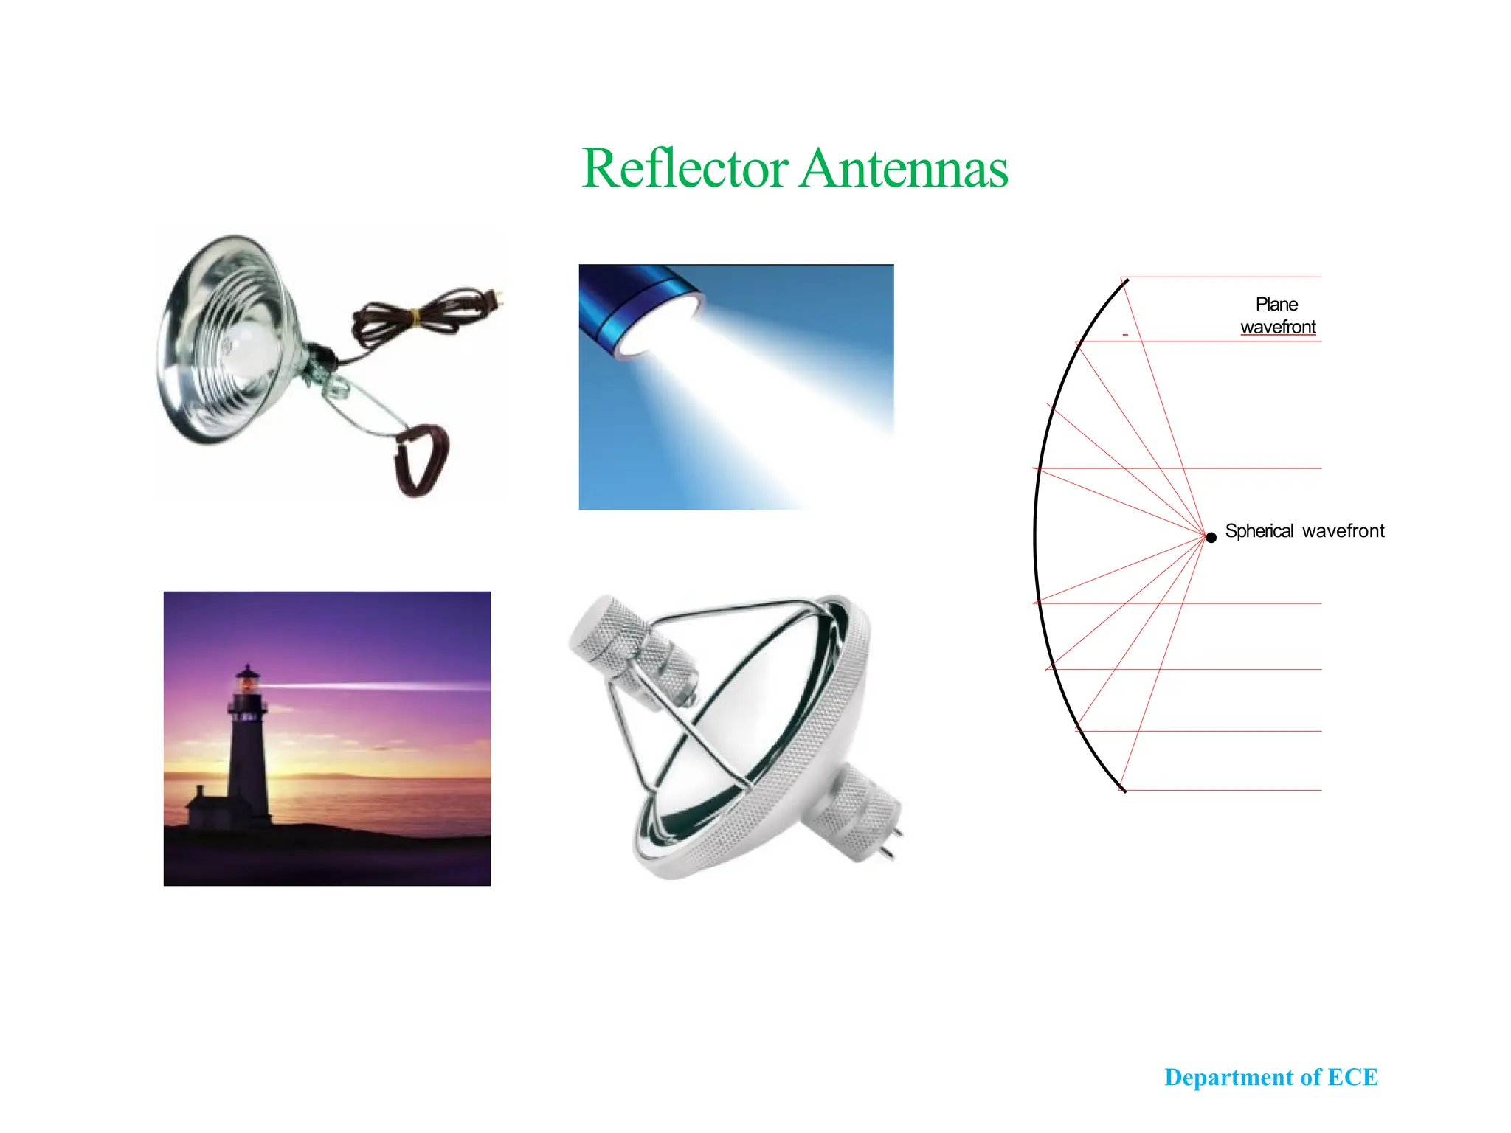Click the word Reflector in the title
tap(685, 168)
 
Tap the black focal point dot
tap(1211, 537)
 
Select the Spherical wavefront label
tap(1304, 531)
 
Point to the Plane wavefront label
tap(1277, 316)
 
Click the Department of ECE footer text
tap(1270, 1077)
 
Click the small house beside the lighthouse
tap(203, 808)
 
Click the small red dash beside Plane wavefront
tap(1125, 335)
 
